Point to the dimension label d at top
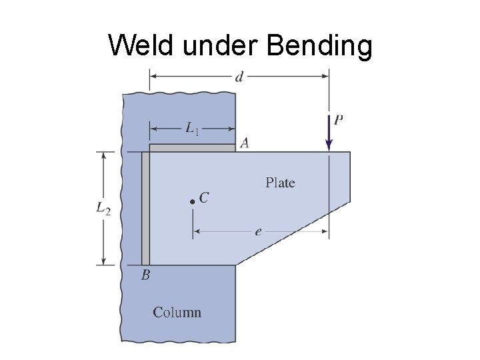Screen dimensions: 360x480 coord(239,76)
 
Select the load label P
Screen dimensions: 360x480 coord(339,121)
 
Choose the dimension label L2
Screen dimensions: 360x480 coord(103,209)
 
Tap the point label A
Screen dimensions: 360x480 coord(244,143)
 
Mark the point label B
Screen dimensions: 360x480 coord(145,275)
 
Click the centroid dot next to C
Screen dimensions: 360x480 coord(192,200)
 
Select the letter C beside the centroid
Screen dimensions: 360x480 coord(204,197)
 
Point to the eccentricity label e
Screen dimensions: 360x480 coord(258,232)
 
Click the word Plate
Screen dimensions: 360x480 coord(280,183)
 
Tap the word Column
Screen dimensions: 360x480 coord(177,312)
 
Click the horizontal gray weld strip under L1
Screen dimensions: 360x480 coord(192,148)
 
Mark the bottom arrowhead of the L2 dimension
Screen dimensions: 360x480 coord(103,261)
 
